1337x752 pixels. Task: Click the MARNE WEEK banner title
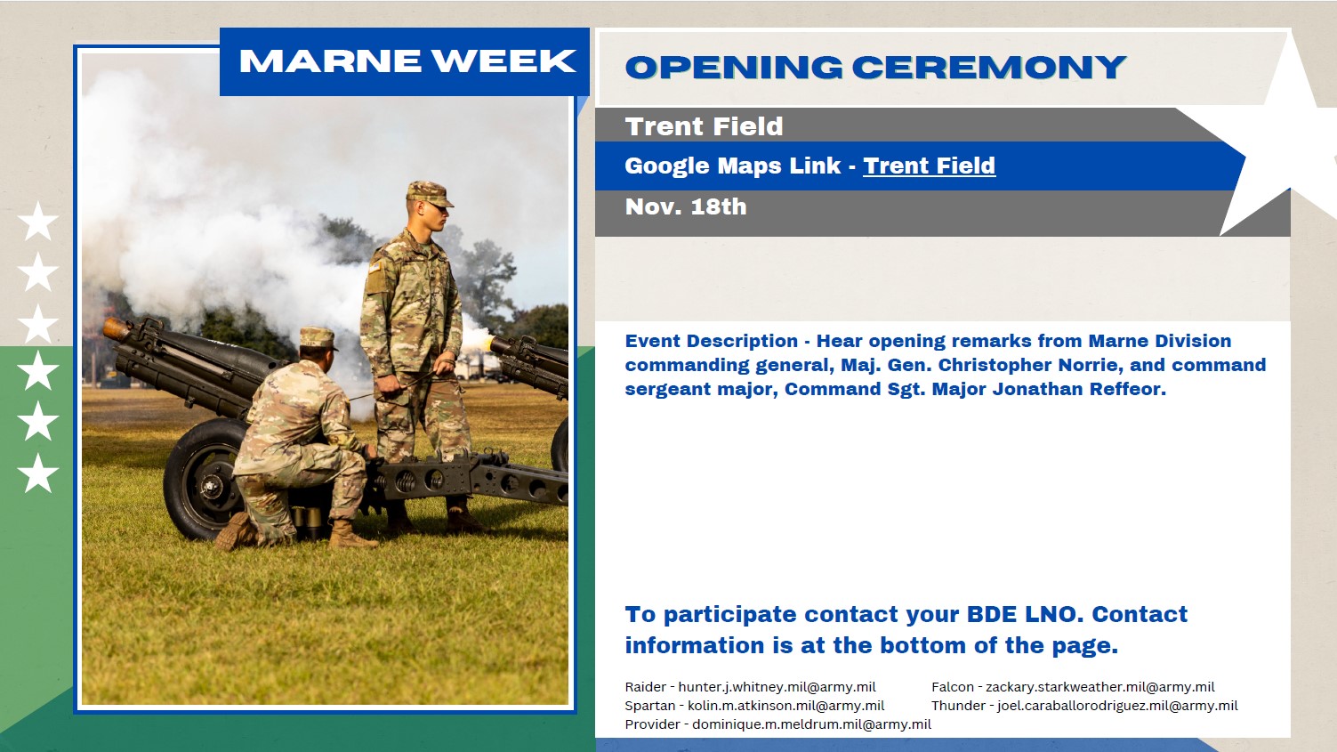[x=407, y=61]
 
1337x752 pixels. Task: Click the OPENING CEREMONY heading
[x=875, y=67]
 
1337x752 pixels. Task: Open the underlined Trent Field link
[x=929, y=166]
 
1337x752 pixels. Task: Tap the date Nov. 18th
[x=686, y=206]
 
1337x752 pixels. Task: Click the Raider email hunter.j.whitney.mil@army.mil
[x=777, y=687]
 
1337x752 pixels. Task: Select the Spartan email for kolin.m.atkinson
[x=785, y=706]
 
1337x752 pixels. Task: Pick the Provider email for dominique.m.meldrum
[x=811, y=724]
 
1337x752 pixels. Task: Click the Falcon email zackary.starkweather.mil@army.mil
[x=1099, y=687]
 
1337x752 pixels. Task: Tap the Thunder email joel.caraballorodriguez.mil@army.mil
[x=1117, y=706]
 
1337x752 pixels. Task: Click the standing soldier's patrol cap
[x=428, y=193]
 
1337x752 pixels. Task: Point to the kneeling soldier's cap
[x=317, y=338]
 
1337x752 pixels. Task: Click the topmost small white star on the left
[x=38, y=221]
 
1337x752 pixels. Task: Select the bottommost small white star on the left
[x=38, y=473]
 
